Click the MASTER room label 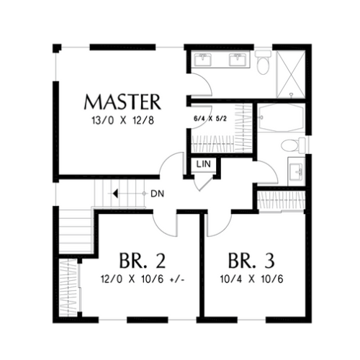tap(122, 102)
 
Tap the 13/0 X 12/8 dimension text tap(122, 120)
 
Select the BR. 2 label tap(143, 261)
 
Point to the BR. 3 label tap(251, 261)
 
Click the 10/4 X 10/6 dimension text tap(252, 279)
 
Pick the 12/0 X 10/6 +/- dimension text tap(143, 279)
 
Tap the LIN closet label tap(204, 164)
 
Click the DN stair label tap(158, 194)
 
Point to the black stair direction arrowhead tap(115, 194)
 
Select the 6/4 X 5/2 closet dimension tap(210, 119)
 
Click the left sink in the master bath tap(203, 60)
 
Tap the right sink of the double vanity tap(238, 60)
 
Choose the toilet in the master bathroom tap(263, 62)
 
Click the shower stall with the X tap(291, 74)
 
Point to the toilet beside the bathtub tap(293, 145)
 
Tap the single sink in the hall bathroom tap(296, 172)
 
